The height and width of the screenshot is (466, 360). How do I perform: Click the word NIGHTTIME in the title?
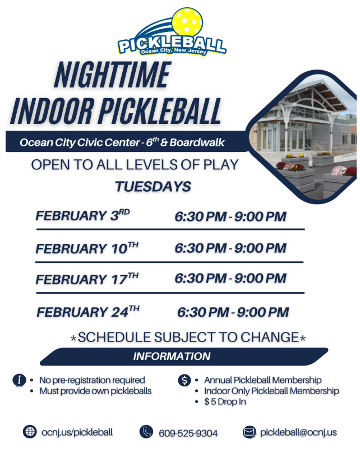(112, 75)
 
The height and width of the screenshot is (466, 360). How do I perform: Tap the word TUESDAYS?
(153, 187)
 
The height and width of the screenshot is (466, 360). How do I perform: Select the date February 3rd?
(82, 215)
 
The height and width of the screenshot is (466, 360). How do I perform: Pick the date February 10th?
(87, 248)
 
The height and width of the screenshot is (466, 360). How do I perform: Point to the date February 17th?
(87, 279)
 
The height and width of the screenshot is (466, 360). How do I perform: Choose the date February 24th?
(88, 311)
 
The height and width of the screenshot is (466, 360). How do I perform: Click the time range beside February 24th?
(233, 312)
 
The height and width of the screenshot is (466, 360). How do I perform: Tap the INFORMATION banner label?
(172, 356)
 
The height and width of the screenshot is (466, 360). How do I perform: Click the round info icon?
(19, 380)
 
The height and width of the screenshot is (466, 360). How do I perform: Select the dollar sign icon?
(184, 380)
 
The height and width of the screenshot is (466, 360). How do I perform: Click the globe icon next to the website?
(30, 432)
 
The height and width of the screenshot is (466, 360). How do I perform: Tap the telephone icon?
(146, 432)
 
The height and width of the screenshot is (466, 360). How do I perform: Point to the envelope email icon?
(250, 432)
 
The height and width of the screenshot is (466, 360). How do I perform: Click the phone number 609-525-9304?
(188, 433)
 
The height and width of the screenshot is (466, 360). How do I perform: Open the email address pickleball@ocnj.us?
(298, 432)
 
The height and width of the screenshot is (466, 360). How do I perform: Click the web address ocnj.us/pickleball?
(77, 432)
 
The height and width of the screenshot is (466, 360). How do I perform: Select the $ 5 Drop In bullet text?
(225, 402)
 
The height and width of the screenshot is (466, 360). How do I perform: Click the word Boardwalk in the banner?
(197, 142)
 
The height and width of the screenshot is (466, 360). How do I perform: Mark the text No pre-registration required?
(92, 380)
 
